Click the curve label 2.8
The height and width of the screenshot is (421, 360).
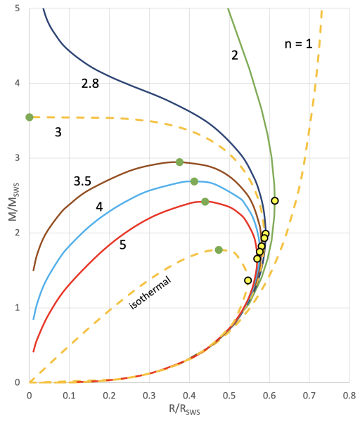coord(91,84)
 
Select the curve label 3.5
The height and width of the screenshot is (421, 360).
coord(82,181)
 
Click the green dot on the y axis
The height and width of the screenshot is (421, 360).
coord(30,117)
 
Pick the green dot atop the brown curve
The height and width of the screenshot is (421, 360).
coord(179,162)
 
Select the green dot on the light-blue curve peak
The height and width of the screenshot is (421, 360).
coord(194,181)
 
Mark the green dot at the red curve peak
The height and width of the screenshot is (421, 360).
coord(205,202)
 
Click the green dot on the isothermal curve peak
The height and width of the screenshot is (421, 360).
coord(219,250)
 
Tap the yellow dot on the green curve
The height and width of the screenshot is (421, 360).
coord(275,200)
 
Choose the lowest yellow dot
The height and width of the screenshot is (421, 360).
coord(247,280)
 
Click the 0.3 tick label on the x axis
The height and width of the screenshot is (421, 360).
coord(149,395)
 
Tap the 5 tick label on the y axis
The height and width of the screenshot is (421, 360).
coord(17,8)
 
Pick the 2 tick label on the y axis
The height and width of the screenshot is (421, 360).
coord(17,233)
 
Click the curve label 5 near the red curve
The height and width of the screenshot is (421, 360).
coord(122,245)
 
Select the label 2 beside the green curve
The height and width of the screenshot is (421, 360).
coord(235,55)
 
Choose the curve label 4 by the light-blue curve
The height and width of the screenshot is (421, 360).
coord(99,207)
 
